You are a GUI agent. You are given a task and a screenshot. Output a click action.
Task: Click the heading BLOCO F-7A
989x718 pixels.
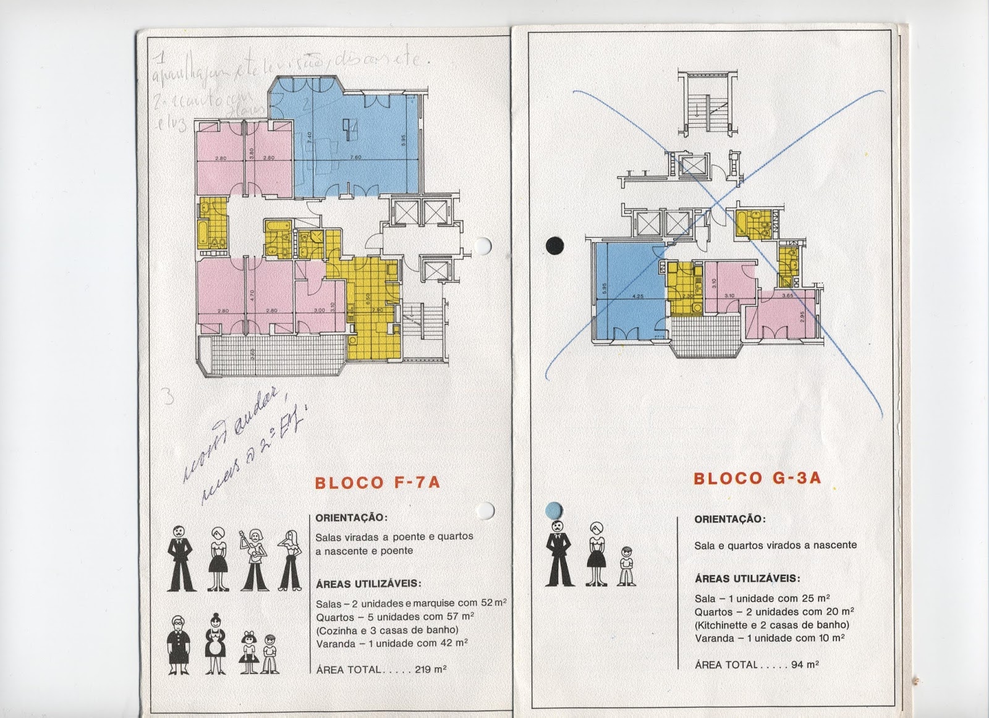coord(378,483)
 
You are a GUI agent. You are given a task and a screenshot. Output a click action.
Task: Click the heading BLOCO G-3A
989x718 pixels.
coord(757,478)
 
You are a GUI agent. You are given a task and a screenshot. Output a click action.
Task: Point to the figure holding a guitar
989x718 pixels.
coord(254,560)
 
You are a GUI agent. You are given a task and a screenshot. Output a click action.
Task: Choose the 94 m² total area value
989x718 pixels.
coord(805,665)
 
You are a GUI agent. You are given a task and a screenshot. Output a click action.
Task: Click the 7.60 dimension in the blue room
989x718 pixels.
coord(355,158)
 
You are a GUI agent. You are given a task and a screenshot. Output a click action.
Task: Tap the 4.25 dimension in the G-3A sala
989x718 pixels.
coord(637,297)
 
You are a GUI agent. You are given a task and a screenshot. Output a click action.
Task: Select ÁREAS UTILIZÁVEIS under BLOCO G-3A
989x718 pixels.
coord(747,579)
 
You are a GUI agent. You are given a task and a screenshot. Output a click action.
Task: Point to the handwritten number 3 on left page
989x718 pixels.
coord(166,395)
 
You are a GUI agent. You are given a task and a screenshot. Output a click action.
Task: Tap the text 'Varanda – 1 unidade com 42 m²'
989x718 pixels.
coord(391,643)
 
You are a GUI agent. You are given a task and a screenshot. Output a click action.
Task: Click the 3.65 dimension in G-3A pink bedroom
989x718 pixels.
coord(787,296)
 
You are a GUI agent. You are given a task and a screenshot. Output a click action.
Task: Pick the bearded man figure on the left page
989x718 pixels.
coord(180,559)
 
